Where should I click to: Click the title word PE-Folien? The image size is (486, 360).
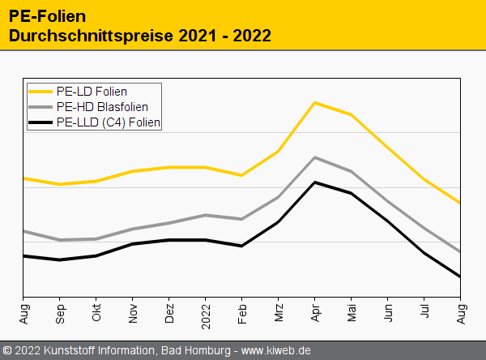(x=48, y=15)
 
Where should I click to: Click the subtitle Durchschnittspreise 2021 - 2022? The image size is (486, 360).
(x=139, y=36)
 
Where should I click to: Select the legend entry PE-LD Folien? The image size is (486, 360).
(x=92, y=92)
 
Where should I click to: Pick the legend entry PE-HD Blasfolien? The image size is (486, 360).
(x=102, y=107)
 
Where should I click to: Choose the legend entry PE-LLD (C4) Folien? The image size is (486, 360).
(x=109, y=122)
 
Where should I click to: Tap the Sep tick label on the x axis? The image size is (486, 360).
(x=60, y=312)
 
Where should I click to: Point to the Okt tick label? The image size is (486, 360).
(x=96, y=312)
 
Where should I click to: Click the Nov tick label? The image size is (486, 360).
(x=133, y=312)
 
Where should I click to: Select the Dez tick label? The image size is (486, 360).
(x=169, y=312)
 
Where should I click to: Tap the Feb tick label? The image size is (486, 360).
(x=242, y=312)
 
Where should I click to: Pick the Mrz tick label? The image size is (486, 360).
(x=279, y=312)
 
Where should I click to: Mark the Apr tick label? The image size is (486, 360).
(x=315, y=312)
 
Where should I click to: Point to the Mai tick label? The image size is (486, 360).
(x=352, y=312)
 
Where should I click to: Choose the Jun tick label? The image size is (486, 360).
(x=388, y=312)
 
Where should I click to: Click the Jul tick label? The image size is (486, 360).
(x=424, y=311)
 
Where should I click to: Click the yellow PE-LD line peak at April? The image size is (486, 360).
(x=315, y=103)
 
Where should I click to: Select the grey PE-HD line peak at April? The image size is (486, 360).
(x=315, y=157)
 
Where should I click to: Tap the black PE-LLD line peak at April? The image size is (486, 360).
(x=315, y=182)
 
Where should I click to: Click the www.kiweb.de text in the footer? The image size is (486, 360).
(x=276, y=351)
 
